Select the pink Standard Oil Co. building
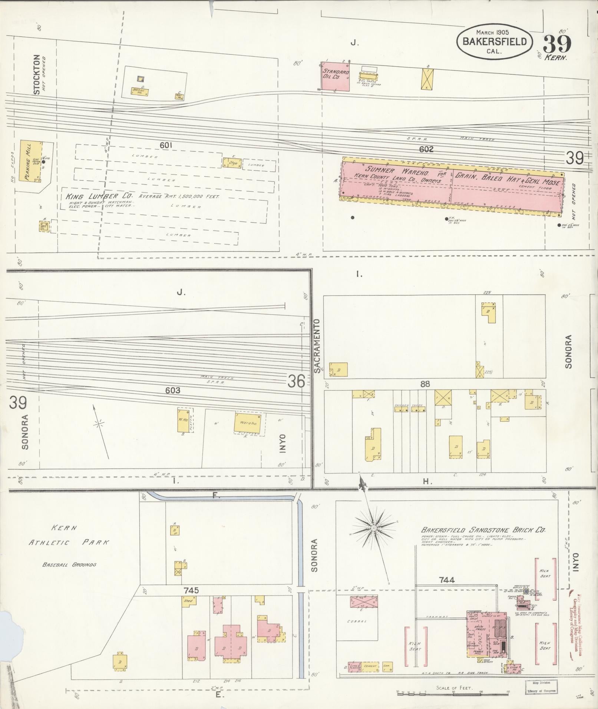pos(335,76)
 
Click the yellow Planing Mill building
pos(31,161)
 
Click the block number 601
pos(166,146)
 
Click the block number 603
pos(173,390)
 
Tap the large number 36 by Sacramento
pos(296,381)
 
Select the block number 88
pos(425,384)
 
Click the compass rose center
pos(374,527)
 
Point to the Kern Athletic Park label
pos(69,535)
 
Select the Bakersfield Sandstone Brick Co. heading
pos(483,530)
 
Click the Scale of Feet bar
pos(452,693)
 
